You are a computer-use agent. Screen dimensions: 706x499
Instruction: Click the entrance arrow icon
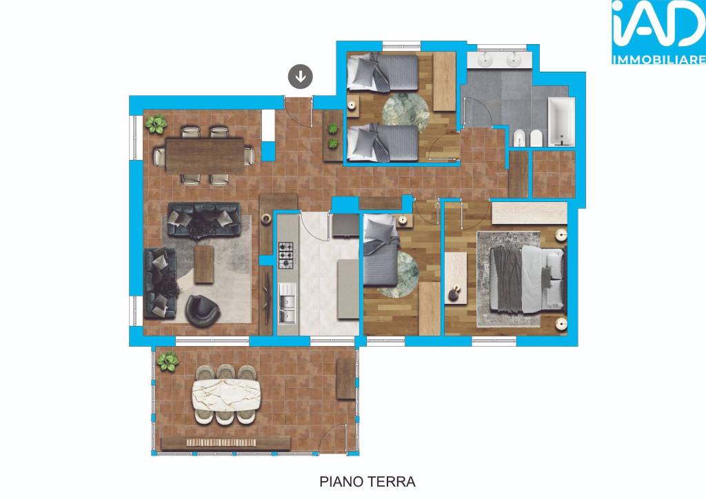(x=301, y=77)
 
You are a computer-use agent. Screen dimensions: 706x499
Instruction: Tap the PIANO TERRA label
(x=367, y=482)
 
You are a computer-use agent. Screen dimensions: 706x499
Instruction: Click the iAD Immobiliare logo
(x=658, y=32)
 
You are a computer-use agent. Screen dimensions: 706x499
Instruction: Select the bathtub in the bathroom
(x=561, y=122)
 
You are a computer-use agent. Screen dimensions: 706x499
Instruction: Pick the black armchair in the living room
(x=202, y=310)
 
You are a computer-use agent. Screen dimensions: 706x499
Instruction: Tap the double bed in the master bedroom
(x=527, y=279)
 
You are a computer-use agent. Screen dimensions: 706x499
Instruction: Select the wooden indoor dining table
(x=205, y=156)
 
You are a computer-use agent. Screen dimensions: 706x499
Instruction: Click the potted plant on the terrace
(x=168, y=362)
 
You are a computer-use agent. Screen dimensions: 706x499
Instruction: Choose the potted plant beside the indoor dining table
(x=156, y=124)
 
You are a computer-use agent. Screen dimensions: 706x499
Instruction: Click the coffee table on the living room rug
(x=203, y=264)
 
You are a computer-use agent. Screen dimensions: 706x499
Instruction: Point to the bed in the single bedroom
(x=381, y=250)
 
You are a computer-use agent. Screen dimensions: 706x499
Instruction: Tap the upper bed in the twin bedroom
(x=383, y=72)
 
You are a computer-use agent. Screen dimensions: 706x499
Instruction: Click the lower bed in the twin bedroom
(x=383, y=142)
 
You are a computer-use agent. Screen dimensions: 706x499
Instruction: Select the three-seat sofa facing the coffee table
(x=204, y=220)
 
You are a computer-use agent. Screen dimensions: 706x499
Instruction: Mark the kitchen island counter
(x=348, y=289)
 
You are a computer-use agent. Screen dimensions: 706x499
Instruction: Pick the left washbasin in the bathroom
(x=486, y=59)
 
